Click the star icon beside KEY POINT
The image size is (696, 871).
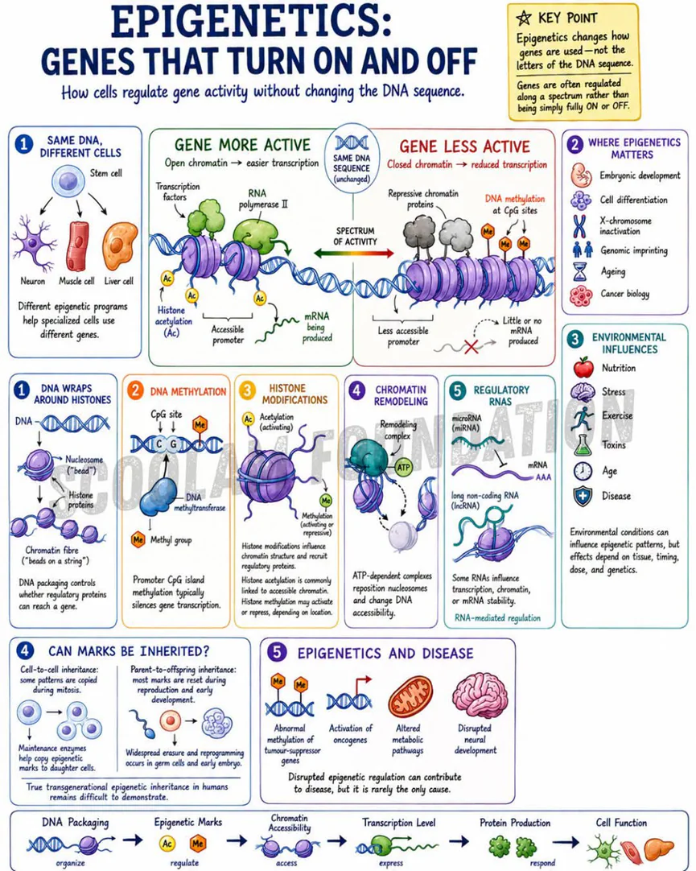(523, 19)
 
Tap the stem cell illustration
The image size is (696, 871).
(69, 181)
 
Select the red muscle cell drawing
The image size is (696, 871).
(78, 246)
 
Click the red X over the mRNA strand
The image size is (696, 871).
(472, 347)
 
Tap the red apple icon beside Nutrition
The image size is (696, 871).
(583, 367)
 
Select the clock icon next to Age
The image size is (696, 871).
(583, 471)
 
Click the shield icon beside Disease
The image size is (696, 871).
(583, 496)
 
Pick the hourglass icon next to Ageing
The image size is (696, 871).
(580, 271)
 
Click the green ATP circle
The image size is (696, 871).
(403, 467)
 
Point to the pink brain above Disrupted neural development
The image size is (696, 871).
(476, 696)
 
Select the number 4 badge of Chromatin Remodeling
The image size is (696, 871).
(357, 390)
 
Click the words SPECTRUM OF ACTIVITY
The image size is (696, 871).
(355, 236)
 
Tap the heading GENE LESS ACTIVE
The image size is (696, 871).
(464, 147)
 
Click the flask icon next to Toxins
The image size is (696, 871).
(583, 445)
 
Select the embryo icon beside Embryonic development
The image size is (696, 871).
(581, 175)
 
